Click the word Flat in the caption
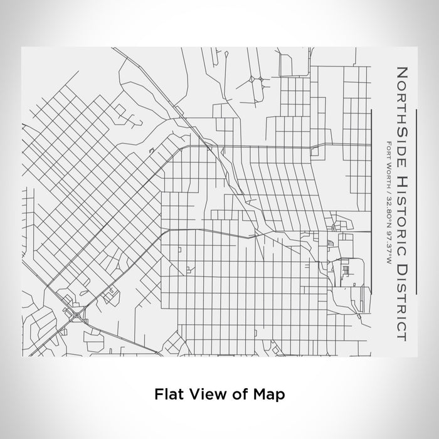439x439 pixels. point(169,394)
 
